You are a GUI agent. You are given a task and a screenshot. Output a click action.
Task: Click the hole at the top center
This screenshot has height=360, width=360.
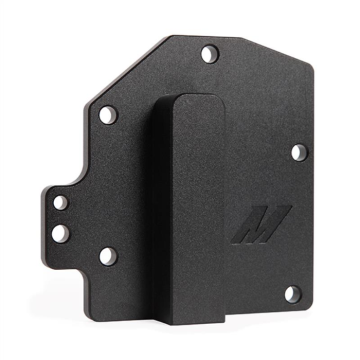point(208,54)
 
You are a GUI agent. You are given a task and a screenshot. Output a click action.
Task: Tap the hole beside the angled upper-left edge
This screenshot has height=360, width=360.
point(109,116)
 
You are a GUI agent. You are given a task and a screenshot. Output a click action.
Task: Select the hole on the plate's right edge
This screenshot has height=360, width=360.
point(297,153)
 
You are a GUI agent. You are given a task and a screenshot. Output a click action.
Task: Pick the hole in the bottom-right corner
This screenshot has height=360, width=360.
point(291,294)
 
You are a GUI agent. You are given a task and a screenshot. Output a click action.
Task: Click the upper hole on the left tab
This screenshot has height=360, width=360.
point(61,202)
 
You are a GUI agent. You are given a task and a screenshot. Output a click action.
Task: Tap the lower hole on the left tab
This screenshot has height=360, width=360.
point(60,234)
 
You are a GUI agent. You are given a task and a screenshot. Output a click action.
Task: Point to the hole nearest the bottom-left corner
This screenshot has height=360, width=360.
point(107,256)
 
